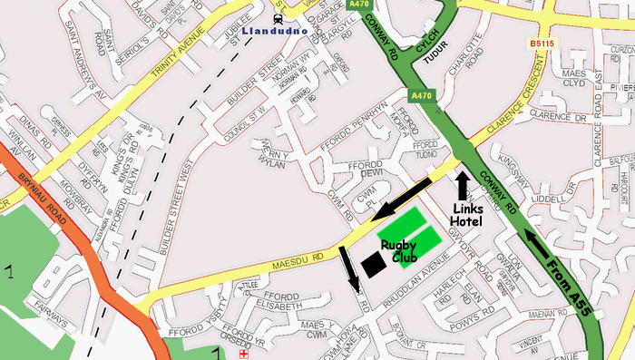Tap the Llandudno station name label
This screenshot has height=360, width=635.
pos(277,30)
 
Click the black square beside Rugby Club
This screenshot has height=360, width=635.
pos(373,264)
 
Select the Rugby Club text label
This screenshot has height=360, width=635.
pos(399,251)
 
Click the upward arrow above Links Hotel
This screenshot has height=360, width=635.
pos(463,186)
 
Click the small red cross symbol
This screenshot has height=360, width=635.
pos(243,355)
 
